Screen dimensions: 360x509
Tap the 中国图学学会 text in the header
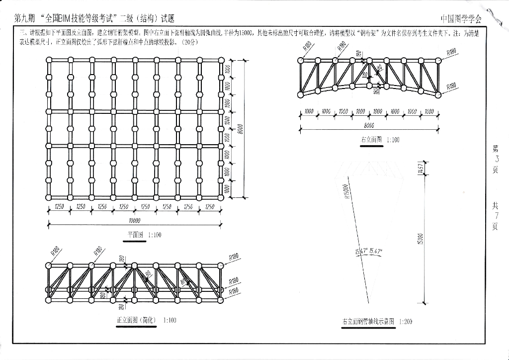pyautogui.click(x=461, y=19)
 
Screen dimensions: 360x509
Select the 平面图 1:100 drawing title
pyautogui.click(x=145, y=235)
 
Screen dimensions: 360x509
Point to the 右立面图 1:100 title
pyautogui.click(x=380, y=140)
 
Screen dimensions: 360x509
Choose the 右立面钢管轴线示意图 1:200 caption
pyautogui.click(x=377, y=322)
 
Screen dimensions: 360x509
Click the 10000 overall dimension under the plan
pyautogui.click(x=134, y=221)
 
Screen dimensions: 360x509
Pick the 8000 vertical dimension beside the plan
pyautogui.click(x=240, y=129)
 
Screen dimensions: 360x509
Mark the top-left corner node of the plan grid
pyautogui.click(x=49, y=60)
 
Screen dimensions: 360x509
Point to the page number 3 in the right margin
pyautogui.click(x=496, y=159)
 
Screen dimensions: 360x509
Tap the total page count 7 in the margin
pyautogui.click(x=496, y=215)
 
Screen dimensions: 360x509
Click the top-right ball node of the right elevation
pyautogui.click(x=438, y=60)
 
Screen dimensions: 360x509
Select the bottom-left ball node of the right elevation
pyautogui.click(x=300, y=94)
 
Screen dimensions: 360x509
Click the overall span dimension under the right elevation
pyautogui.click(x=369, y=126)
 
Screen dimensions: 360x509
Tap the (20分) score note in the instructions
pyautogui.click(x=190, y=43)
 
